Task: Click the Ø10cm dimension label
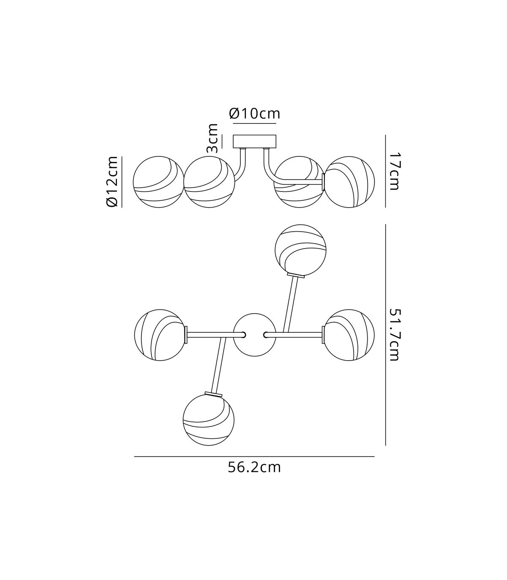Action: click(x=254, y=114)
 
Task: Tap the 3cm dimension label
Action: click(x=213, y=138)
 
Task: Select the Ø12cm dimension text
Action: click(x=112, y=181)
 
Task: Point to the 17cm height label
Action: click(x=394, y=172)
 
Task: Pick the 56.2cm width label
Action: click(x=254, y=468)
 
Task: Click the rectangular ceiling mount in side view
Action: click(x=254, y=142)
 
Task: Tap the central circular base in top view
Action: click(x=255, y=334)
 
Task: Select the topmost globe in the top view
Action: click(x=300, y=250)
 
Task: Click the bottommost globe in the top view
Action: click(x=208, y=420)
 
